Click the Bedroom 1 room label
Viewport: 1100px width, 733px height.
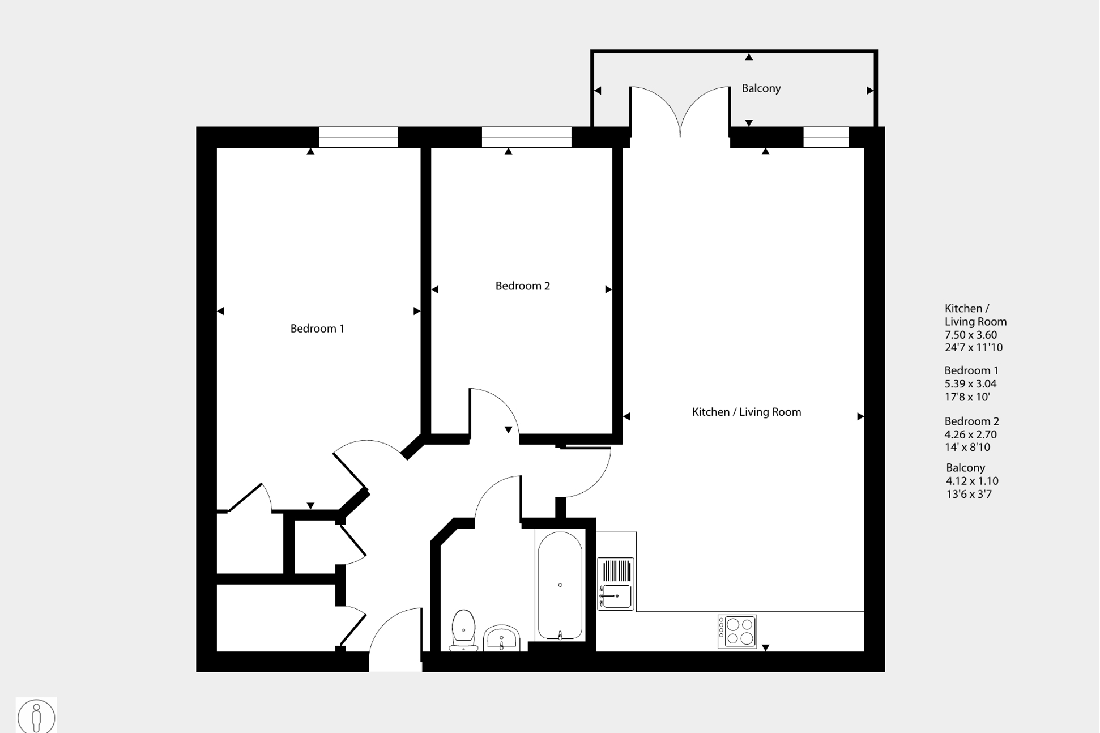coord(317,329)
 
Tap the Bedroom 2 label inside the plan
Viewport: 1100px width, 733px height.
coord(522,286)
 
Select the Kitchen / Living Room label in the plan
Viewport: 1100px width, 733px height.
coord(746,412)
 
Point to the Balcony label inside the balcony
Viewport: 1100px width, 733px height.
coord(761,88)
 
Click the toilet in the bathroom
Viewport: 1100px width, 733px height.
coord(463,629)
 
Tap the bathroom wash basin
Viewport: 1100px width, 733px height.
coord(501,638)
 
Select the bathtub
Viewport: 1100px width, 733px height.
coord(560,585)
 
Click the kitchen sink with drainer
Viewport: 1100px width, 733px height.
coord(616,583)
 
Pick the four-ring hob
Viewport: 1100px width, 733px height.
coord(737,631)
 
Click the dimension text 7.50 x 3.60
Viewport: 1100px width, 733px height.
coord(970,335)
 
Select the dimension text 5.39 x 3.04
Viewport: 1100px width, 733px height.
coord(970,383)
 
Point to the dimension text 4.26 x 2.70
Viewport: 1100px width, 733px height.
coord(970,434)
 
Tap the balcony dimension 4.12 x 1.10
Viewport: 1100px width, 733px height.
coord(971,481)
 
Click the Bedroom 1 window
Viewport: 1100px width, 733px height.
coord(358,137)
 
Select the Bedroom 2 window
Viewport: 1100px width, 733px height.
coord(526,137)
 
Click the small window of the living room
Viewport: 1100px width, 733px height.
coord(825,137)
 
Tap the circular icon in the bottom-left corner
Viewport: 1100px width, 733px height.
coord(36,716)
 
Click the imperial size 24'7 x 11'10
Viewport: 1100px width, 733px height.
coord(973,348)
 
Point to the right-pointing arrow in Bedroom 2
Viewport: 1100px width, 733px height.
coord(608,289)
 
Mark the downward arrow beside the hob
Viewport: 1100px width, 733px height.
coord(765,647)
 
